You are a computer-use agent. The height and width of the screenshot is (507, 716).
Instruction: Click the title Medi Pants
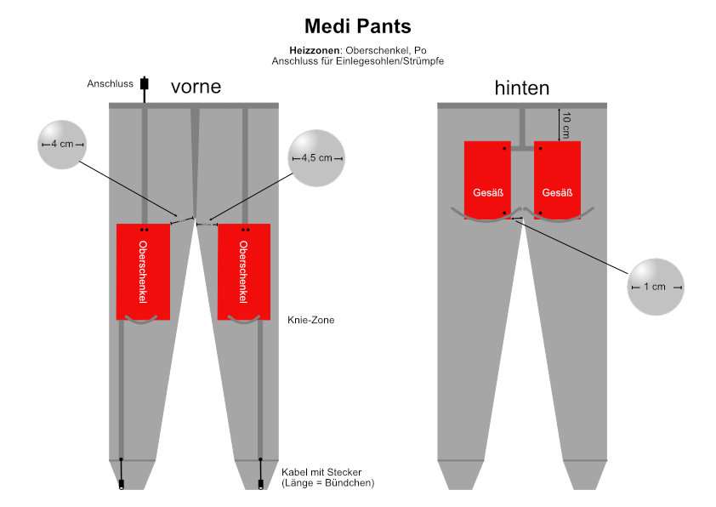point(357,26)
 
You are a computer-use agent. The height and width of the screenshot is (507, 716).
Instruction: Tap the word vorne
point(196,86)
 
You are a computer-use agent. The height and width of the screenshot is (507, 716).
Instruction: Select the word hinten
point(522,88)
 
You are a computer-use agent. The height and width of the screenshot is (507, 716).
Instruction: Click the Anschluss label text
point(110,83)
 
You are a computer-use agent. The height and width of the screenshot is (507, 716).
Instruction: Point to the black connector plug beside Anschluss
point(145,84)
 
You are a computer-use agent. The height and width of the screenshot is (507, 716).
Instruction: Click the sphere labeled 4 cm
point(61,145)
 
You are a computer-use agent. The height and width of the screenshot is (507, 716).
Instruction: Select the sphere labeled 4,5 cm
point(316,158)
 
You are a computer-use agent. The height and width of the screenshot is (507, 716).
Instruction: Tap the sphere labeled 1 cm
point(656,287)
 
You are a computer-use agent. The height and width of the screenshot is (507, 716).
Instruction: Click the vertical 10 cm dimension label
point(566,125)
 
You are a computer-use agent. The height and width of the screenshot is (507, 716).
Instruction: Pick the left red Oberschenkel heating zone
point(143,271)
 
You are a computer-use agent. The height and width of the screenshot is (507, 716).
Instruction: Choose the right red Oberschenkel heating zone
point(244,271)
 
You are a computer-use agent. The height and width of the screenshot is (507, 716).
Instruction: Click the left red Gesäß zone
point(487,180)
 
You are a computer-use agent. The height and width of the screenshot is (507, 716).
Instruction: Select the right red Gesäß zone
point(557,180)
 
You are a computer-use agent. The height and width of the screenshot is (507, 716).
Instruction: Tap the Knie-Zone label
point(310,320)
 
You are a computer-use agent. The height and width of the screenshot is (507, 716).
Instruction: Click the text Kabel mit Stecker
point(321,472)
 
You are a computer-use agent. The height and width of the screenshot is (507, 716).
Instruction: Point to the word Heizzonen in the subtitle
point(315,50)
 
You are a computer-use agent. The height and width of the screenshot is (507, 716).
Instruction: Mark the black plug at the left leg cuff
point(122,484)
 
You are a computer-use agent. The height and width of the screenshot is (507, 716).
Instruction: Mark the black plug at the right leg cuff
point(261,484)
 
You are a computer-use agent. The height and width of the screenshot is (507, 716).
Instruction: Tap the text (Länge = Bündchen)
point(328,483)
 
